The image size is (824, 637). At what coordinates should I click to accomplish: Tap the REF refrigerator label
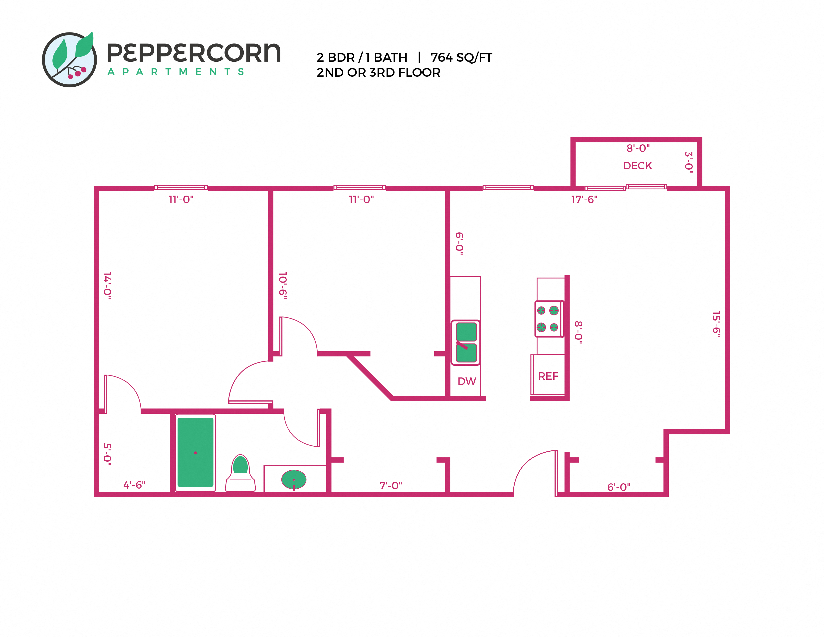click(x=548, y=376)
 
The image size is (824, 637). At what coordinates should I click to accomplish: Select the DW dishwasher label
click(x=467, y=381)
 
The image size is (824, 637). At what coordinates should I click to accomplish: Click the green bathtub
click(x=196, y=452)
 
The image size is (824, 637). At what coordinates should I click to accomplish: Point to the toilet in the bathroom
click(x=240, y=474)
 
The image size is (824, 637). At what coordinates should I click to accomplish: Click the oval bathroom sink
click(x=294, y=480)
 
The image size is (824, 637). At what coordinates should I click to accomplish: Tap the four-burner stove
click(x=548, y=319)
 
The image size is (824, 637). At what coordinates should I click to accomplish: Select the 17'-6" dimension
click(x=584, y=199)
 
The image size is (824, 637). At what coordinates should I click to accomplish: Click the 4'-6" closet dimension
click(x=134, y=485)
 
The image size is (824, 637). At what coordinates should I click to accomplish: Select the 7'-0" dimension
click(x=391, y=486)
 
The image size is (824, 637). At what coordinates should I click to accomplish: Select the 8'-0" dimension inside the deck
click(x=638, y=148)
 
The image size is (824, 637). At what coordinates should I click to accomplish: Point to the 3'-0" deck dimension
click(x=689, y=163)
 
